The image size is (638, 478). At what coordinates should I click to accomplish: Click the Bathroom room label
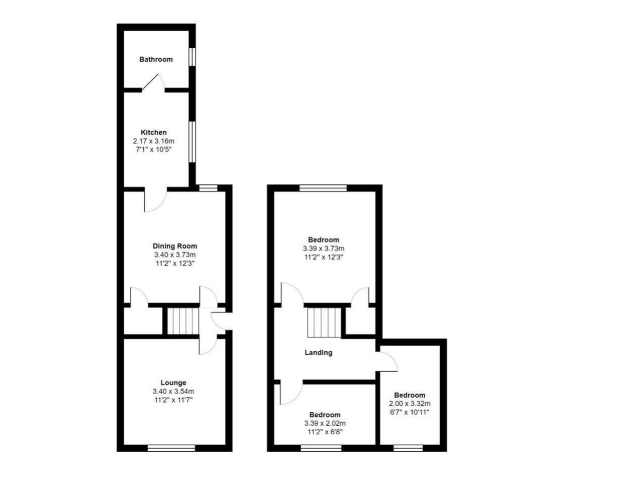coord(156,59)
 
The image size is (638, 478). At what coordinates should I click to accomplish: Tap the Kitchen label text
coord(154,133)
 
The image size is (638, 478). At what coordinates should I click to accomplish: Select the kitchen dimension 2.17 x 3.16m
coord(154,141)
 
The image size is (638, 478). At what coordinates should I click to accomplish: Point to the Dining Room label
coord(175,246)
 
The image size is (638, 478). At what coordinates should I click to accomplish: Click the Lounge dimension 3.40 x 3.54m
coord(174,391)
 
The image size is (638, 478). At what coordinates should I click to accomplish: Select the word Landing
coord(318,353)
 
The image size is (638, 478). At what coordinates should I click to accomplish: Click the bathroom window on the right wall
coord(192,57)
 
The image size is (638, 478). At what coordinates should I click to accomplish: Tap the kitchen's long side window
coord(192,142)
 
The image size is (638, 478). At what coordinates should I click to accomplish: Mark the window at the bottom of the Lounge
coord(171,448)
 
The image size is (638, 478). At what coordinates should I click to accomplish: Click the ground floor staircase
coord(183,321)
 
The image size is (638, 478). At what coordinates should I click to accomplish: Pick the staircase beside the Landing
coord(324,322)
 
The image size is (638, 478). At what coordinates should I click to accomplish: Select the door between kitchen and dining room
coord(156,200)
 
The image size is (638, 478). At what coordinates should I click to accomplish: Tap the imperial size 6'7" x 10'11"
coord(410,412)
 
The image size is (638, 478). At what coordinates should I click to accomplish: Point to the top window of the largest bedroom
coord(323,188)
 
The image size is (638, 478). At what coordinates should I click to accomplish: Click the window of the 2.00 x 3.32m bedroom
coord(408,448)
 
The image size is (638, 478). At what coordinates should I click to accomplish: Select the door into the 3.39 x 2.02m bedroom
coord(291,394)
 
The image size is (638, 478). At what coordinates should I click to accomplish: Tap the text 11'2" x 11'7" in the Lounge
coord(174,400)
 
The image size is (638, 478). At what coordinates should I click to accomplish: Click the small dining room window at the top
coord(208,188)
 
